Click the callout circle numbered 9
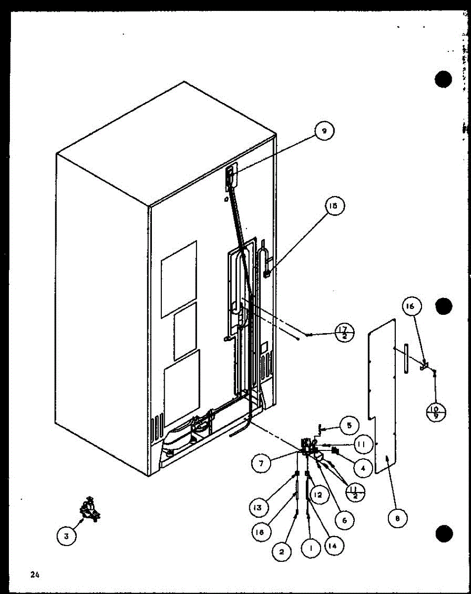(x=325, y=131)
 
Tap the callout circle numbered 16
(x=412, y=307)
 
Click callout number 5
(x=350, y=425)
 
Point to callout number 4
(x=364, y=467)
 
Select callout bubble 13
(x=259, y=507)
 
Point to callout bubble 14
(x=334, y=546)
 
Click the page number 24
(x=34, y=575)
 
